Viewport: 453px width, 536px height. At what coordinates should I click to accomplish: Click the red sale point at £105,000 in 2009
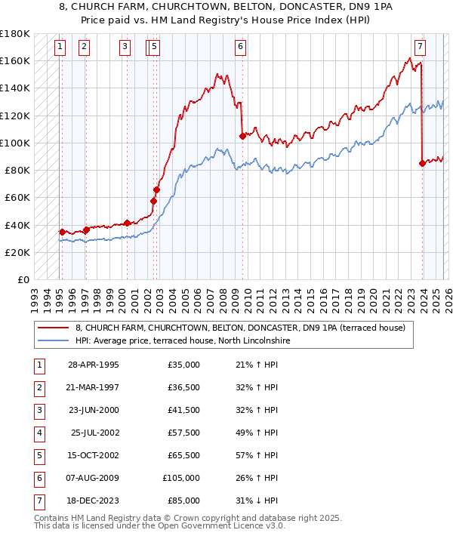pos(242,136)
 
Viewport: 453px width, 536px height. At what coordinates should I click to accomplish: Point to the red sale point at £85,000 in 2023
pos(422,163)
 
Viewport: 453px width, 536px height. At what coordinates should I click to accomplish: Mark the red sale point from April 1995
pos(62,232)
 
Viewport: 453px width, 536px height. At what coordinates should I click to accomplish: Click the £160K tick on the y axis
pos(15,60)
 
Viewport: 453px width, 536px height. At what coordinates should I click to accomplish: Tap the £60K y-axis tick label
pos(17,197)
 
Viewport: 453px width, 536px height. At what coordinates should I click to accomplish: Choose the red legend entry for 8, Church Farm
pos(240,328)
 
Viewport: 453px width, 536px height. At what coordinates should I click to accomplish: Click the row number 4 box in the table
pos(39,433)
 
